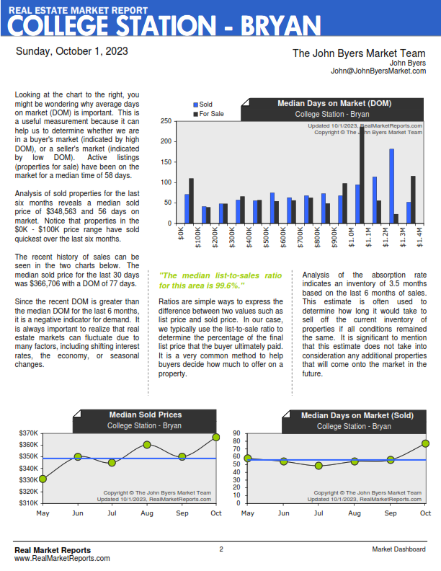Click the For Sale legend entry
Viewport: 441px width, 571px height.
click(210, 114)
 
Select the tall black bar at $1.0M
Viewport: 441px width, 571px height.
click(362, 166)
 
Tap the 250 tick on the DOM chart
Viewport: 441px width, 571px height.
click(166, 121)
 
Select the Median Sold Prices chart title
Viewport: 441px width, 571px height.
click(145, 415)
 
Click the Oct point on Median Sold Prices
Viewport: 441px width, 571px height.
click(216, 438)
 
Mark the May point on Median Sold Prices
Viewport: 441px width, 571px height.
click(43, 479)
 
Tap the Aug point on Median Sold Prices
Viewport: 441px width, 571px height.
click(146, 445)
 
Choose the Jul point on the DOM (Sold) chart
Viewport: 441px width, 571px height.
click(318, 466)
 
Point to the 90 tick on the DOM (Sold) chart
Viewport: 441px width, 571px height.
click(235, 433)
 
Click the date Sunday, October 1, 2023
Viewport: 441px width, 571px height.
click(72, 51)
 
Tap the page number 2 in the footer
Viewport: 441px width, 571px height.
click(221, 549)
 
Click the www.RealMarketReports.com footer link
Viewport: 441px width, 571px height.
click(62, 558)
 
